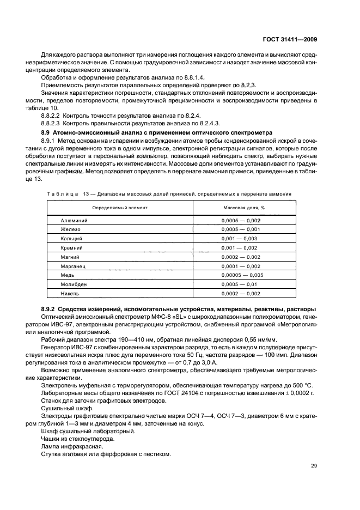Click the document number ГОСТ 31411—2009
click(x=289, y=39)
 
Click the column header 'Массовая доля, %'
click(x=243, y=208)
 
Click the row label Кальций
click(x=71, y=239)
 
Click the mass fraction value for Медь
click(x=242, y=275)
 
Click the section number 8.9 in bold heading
click(x=46, y=133)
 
